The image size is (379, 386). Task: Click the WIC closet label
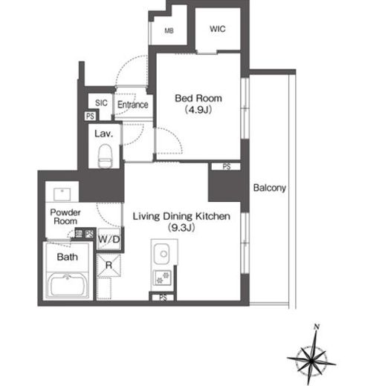(x=218, y=29)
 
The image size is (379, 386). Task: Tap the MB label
(x=169, y=30)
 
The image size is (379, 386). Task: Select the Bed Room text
(x=198, y=98)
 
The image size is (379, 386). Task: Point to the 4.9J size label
(x=198, y=109)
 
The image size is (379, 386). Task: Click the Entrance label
(x=133, y=105)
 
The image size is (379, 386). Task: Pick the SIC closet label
(x=101, y=102)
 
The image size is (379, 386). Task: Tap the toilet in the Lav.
(x=105, y=156)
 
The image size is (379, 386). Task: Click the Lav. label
(x=104, y=134)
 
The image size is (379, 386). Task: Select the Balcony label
(x=270, y=188)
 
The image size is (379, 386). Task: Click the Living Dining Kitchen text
(x=181, y=216)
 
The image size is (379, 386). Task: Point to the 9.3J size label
(x=181, y=227)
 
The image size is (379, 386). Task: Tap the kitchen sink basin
(x=162, y=254)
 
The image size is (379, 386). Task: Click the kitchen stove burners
(x=163, y=278)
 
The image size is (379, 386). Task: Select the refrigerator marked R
(x=108, y=265)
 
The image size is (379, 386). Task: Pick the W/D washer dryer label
(x=109, y=239)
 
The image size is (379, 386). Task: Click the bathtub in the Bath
(x=68, y=285)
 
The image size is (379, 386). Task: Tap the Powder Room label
(x=65, y=217)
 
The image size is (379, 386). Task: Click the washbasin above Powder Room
(x=62, y=194)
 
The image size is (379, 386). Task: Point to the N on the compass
(x=317, y=327)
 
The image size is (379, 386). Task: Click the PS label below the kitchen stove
(x=163, y=298)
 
